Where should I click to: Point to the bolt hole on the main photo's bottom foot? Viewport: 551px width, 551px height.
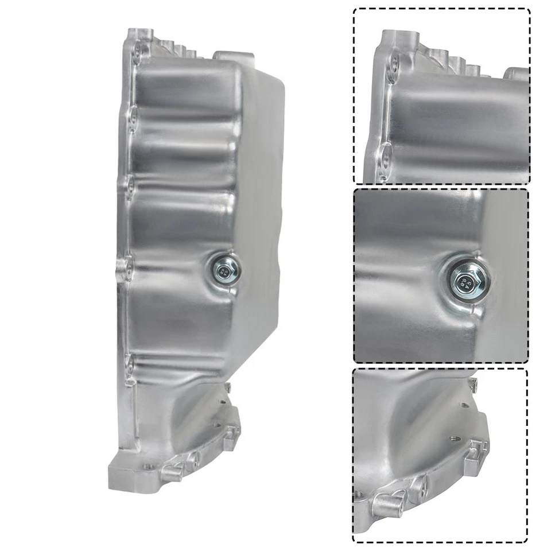click(148, 466)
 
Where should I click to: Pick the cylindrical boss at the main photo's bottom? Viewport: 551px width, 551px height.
click(172, 472)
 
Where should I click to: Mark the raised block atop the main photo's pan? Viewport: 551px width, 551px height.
click(233, 57)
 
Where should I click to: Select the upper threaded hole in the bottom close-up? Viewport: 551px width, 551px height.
click(464, 405)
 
